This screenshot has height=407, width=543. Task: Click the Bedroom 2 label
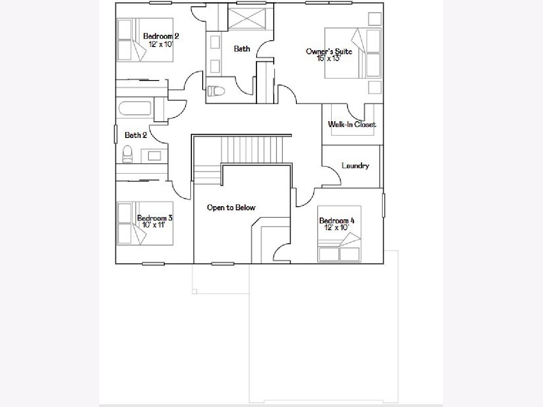click(x=161, y=36)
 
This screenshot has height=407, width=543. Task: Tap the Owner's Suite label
click(x=329, y=52)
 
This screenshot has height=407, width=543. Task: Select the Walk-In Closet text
click(x=352, y=124)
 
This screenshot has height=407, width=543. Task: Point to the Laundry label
click(x=355, y=166)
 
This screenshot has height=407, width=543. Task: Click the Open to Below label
click(x=231, y=208)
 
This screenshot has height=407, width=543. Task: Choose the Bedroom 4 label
click(x=337, y=220)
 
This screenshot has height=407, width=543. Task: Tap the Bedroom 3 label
click(x=155, y=218)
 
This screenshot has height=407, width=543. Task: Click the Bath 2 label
click(x=136, y=135)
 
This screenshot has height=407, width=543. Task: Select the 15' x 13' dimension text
click(x=329, y=58)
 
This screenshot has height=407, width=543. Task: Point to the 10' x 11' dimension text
click(x=153, y=225)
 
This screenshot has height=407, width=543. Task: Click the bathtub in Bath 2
click(x=135, y=108)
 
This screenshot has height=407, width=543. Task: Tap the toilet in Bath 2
click(x=128, y=154)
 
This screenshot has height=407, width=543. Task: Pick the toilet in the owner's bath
click(x=216, y=91)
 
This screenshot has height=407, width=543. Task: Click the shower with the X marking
click(x=247, y=19)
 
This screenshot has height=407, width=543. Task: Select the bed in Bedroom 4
click(x=339, y=234)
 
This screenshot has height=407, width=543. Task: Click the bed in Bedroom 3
click(x=145, y=223)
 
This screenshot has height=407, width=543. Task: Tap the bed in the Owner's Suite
click(x=353, y=53)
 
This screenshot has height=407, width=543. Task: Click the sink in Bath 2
click(x=154, y=156)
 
